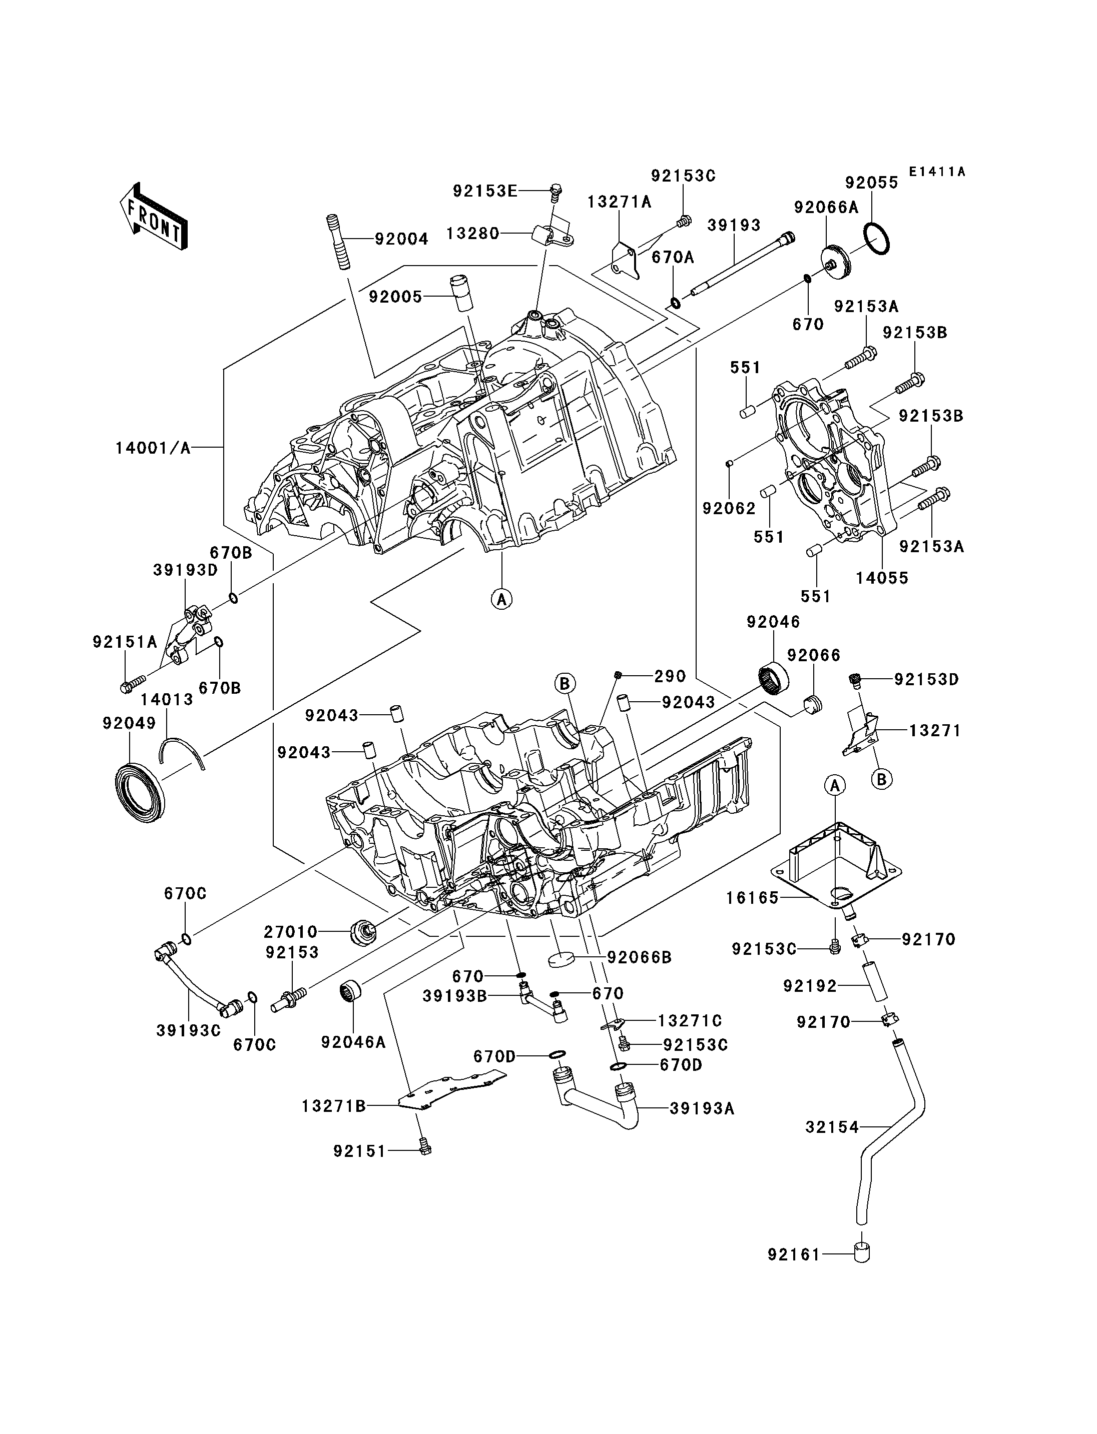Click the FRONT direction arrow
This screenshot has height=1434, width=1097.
[x=154, y=216]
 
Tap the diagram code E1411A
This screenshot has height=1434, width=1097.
[x=937, y=172]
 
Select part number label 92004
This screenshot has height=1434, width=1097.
[x=401, y=240]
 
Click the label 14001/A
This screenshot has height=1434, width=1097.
[x=153, y=448]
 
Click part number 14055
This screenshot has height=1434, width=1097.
[x=882, y=578]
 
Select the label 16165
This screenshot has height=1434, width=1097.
[x=752, y=898]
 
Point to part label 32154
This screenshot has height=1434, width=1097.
[x=832, y=1126]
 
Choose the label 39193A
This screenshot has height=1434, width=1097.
[x=702, y=1108]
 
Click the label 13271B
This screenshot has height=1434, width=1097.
[x=333, y=1106]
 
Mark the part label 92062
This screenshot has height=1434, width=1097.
[x=729, y=509]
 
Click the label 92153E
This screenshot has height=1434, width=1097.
[x=485, y=191]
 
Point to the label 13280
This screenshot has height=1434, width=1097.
[x=473, y=233]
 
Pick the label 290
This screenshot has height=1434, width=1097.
[x=671, y=676]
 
